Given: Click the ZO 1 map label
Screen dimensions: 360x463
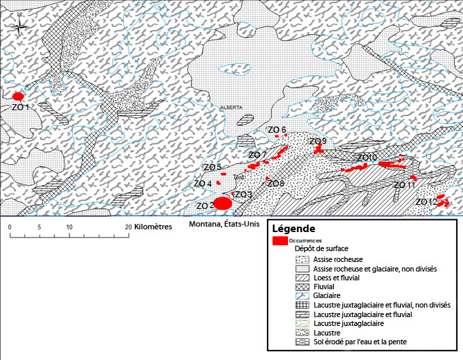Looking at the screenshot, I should coord(20,107).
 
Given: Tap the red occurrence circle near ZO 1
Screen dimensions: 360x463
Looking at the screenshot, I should coord(18,97).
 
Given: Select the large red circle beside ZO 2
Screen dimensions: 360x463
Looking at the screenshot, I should coord(223,203).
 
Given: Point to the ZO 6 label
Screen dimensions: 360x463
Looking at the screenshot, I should coord(276,129).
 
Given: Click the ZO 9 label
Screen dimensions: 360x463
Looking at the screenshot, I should coord(318,141).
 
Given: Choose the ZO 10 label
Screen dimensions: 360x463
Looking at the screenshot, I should coord(367,158).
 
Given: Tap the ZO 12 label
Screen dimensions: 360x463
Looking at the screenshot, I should coord(426,202).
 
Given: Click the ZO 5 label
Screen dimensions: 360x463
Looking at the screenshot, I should coord(213,167).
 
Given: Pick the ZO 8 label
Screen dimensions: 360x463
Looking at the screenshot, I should coord(276,184).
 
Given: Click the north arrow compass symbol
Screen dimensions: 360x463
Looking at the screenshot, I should coord(20,27).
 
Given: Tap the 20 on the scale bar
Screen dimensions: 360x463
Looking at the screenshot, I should coord(128,227).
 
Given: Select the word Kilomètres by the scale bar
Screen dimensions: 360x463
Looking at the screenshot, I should coord(153,227).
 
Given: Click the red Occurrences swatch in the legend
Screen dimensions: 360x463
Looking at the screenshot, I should coord(279,241).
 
